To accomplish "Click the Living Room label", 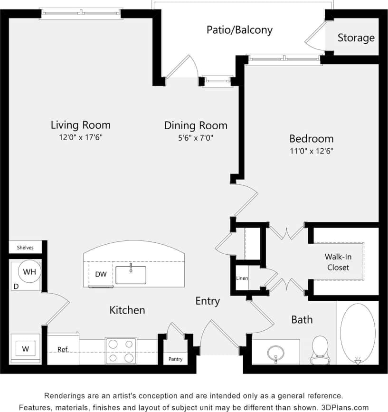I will (x=80, y=125).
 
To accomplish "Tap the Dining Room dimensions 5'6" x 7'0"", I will (x=196, y=138).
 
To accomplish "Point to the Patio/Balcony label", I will (x=239, y=30).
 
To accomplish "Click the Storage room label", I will (x=356, y=38).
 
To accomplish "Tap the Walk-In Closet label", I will (x=338, y=262).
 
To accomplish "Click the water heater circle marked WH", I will (x=29, y=272).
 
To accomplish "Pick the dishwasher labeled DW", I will (x=101, y=274).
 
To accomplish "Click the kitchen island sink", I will (x=131, y=275).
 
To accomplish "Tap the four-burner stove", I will (x=121, y=351).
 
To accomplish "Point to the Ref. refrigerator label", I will (x=63, y=349).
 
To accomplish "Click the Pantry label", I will (x=175, y=359).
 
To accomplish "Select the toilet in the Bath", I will (x=320, y=349).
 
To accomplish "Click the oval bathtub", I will (x=358, y=333).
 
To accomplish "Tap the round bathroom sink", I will (x=275, y=353).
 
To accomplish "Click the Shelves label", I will (x=25, y=248).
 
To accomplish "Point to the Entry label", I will (x=208, y=301).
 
